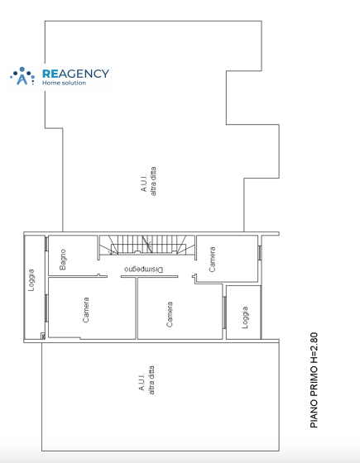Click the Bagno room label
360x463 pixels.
point(63,260)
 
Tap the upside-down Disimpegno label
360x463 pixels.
point(144,270)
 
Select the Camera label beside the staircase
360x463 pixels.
point(212,260)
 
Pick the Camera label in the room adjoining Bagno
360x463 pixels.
point(86,310)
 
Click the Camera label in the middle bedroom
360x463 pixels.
point(170,314)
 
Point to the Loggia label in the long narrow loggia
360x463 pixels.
point(31,280)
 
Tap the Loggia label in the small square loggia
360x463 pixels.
point(245,317)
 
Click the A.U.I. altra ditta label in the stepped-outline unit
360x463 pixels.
point(148,181)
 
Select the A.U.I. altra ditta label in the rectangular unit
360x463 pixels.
point(146,380)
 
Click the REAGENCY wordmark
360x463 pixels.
point(75,74)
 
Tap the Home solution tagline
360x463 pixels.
point(65,83)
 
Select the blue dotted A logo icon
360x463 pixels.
point(22,76)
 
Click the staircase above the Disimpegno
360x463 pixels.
point(147,245)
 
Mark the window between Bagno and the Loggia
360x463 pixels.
point(46,244)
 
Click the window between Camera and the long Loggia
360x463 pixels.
point(46,308)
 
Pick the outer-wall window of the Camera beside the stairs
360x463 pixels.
point(260,253)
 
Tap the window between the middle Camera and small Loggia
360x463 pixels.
point(224,313)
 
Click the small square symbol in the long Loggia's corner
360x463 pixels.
point(42,336)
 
